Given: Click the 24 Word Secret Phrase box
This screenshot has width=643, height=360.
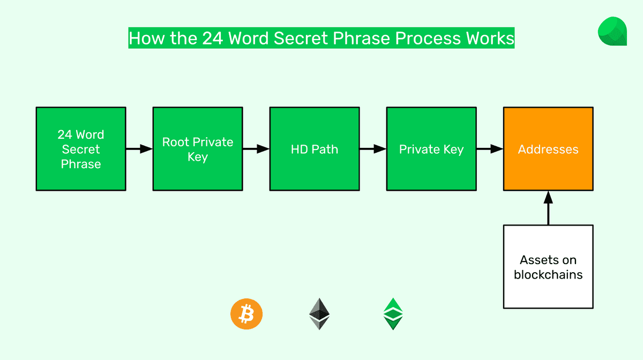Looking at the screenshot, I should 81,149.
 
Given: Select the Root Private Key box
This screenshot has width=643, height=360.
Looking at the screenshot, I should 198,149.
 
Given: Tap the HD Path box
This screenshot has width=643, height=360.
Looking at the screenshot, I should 315,149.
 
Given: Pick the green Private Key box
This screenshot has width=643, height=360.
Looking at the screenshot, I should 431,149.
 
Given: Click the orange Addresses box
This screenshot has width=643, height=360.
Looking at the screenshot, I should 548,149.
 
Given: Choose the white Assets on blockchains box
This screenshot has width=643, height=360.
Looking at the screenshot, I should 548,267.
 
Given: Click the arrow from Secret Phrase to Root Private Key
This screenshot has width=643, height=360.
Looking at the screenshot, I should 139,149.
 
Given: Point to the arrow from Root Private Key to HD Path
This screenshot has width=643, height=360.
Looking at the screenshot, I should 256,149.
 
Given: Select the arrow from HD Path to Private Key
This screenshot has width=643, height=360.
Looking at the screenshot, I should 373,149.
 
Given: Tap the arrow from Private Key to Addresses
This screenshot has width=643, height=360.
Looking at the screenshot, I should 490,149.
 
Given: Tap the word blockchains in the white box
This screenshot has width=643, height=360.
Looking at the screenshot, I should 548,275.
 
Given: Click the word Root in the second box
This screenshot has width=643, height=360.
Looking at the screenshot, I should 176,142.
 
